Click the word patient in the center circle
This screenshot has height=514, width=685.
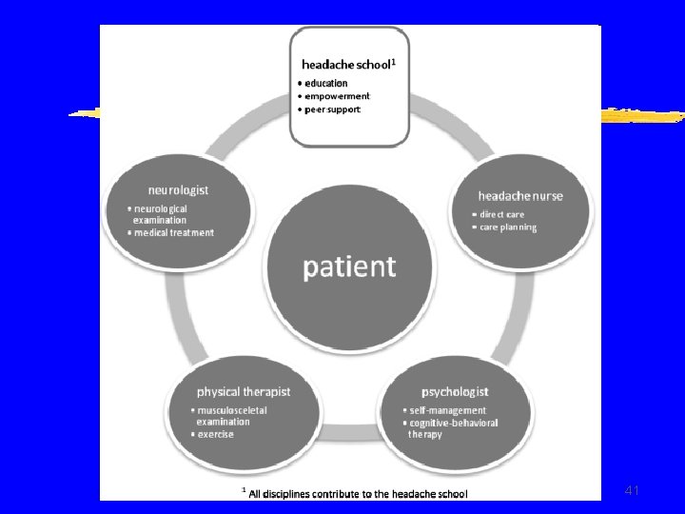[349, 267]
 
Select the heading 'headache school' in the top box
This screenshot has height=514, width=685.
[343, 65]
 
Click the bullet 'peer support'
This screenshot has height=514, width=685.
[332, 109]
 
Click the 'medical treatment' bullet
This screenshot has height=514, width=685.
[174, 232]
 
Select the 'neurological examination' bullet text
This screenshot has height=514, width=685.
[161, 214]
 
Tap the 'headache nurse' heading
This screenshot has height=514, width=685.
[519, 196]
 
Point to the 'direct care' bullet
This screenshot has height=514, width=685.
[501, 215]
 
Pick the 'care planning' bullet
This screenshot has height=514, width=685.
[508, 227]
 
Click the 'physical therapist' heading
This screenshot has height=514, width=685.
[244, 391]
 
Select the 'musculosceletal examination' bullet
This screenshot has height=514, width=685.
[232, 416]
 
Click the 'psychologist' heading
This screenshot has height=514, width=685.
[455, 391]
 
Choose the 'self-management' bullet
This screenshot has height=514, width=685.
[447, 410]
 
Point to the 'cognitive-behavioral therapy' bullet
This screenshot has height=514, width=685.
[453, 428]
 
